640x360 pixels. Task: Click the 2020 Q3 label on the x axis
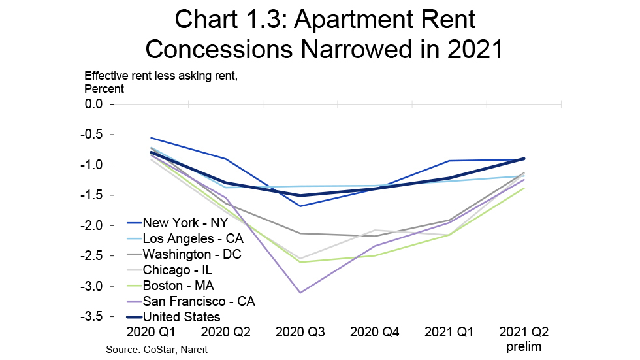click(300, 333)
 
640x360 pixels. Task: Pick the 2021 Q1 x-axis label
click(449, 333)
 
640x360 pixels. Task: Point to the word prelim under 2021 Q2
click(524, 347)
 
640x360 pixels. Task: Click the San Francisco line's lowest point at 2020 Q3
click(300, 293)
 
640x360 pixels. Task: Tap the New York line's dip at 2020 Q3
click(300, 206)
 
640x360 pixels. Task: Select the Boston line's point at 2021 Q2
click(524, 188)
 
